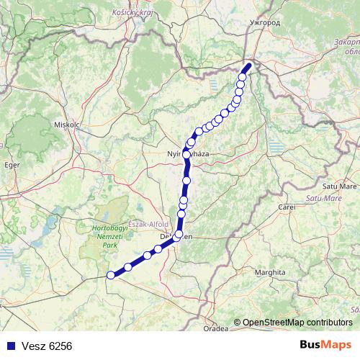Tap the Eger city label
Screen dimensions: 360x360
[x=12, y=165]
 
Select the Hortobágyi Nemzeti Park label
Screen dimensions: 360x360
[x=109, y=236]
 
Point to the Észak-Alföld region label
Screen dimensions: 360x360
[x=148, y=223]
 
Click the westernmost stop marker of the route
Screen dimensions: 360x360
[x=111, y=275]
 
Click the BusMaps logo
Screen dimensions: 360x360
[x=325, y=345]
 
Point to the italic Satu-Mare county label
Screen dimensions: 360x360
[x=323, y=197]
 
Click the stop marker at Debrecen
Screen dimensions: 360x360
[x=178, y=234]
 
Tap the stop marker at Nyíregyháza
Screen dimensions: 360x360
[x=187, y=154]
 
